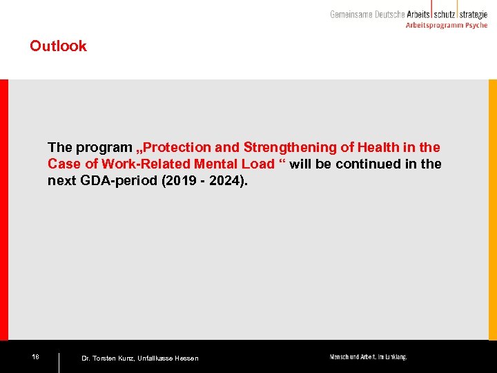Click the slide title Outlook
coord(58,46)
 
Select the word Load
coord(258,164)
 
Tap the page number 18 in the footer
coord(35,356)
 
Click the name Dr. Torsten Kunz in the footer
coord(107,358)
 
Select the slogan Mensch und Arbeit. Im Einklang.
coord(368,357)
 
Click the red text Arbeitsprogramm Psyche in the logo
coord(445,25)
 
